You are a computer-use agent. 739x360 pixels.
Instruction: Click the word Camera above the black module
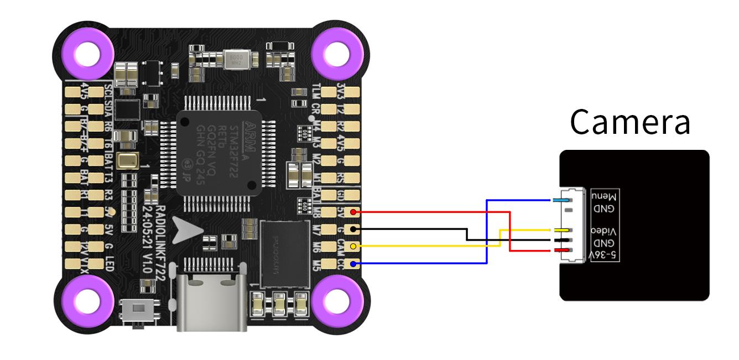pos(630,122)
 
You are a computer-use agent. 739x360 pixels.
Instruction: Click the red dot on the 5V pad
pos(353,212)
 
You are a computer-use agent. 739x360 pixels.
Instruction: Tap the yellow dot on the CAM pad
pos(353,246)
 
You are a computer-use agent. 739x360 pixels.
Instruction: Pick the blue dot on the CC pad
pos(353,264)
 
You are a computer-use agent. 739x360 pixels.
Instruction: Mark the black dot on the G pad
pos(353,228)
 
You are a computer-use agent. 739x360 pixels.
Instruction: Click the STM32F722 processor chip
pos(218,152)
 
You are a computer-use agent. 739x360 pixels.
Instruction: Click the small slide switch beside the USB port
pos(136,312)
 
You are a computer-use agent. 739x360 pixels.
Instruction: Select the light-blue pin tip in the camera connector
pos(563,200)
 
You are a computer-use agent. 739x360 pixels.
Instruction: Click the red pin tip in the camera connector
pos(563,251)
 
